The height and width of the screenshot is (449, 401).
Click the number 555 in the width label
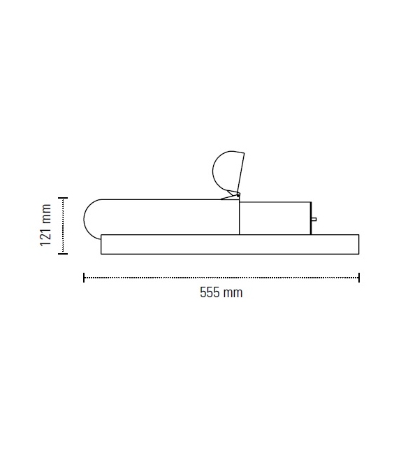pyautogui.click(x=211, y=293)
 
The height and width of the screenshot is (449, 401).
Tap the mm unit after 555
pyautogui.click(x=233, y=293)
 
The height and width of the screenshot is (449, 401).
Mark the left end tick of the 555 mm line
pyautogui.click(x=84, y=278)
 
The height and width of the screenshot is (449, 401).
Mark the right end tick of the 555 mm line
pyautogui.click(x=359, y=278)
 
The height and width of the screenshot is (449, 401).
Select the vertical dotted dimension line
pyautogui.click(x=63, y=225)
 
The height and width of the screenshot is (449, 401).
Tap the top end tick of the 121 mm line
pyautogui.click(x=63, y=199)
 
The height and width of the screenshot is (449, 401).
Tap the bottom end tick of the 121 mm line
pyautogui.click(x=63, y=252)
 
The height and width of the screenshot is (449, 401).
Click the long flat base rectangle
pyautogui.click(x=230, y=244)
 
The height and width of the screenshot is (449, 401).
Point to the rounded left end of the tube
pyautogui.click(x=91, y=218)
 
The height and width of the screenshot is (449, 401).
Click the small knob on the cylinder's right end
pyautogui.click(x=314, y=219)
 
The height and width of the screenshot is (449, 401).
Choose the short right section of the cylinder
pyautogui.click(x=274, y=218)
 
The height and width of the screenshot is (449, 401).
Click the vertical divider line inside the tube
pyautogui.click(x=240, y=218)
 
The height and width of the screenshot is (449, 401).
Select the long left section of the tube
pyautogui.click(x=168, y=218)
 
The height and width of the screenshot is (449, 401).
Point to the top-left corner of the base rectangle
pyautogui.click(x=101, y=235)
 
